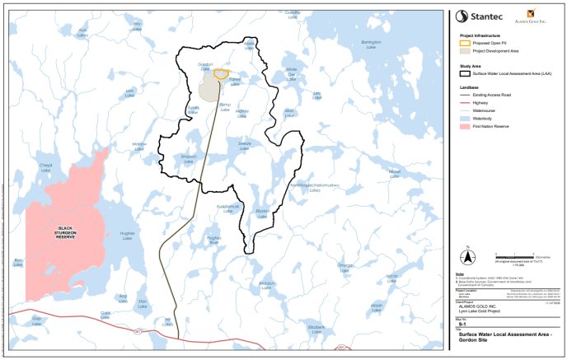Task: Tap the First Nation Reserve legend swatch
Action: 463,127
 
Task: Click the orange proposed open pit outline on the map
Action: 221,73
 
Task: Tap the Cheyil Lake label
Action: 45,167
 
